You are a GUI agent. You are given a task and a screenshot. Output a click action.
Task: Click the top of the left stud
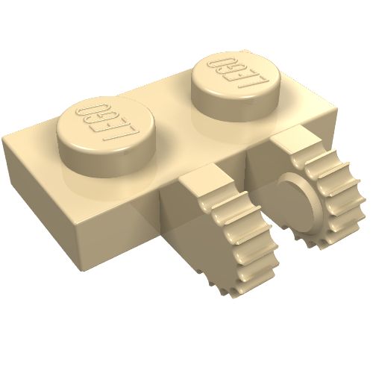[106, 125]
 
